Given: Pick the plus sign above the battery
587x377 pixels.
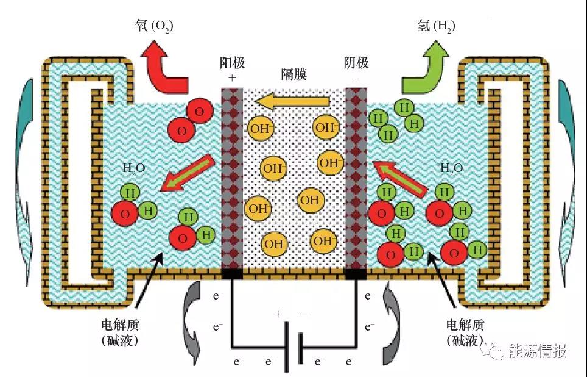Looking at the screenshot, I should click(x=279, y=314).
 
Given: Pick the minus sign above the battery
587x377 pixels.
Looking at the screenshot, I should click(x=304, y=314).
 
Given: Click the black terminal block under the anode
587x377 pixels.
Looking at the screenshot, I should click(x=232, y=273).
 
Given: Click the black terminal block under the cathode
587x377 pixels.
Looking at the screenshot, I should click(x=356, y=273).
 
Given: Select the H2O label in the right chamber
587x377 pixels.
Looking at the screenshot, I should click(x=451, y=169).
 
